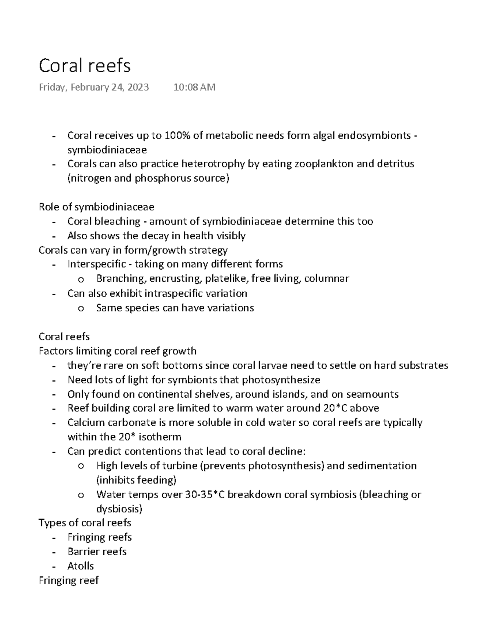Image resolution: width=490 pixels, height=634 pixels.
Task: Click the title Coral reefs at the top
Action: tap(85, 66)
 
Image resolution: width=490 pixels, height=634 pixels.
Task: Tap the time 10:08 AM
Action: tap(194, 87)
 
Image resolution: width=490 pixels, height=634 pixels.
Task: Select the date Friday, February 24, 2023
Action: tap(94, 87)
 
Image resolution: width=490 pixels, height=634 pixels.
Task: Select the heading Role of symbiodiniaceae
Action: tap(96, 207)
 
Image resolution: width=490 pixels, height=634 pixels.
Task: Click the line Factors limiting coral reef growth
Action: tap(117, 351)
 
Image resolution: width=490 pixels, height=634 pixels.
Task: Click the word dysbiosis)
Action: tap(119, 509)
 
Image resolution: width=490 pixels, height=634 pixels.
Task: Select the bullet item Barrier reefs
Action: tap(97, 552)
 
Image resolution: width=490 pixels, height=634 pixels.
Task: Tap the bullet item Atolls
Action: tap(80, 566)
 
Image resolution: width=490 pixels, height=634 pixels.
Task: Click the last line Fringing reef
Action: tap(68, 580)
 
